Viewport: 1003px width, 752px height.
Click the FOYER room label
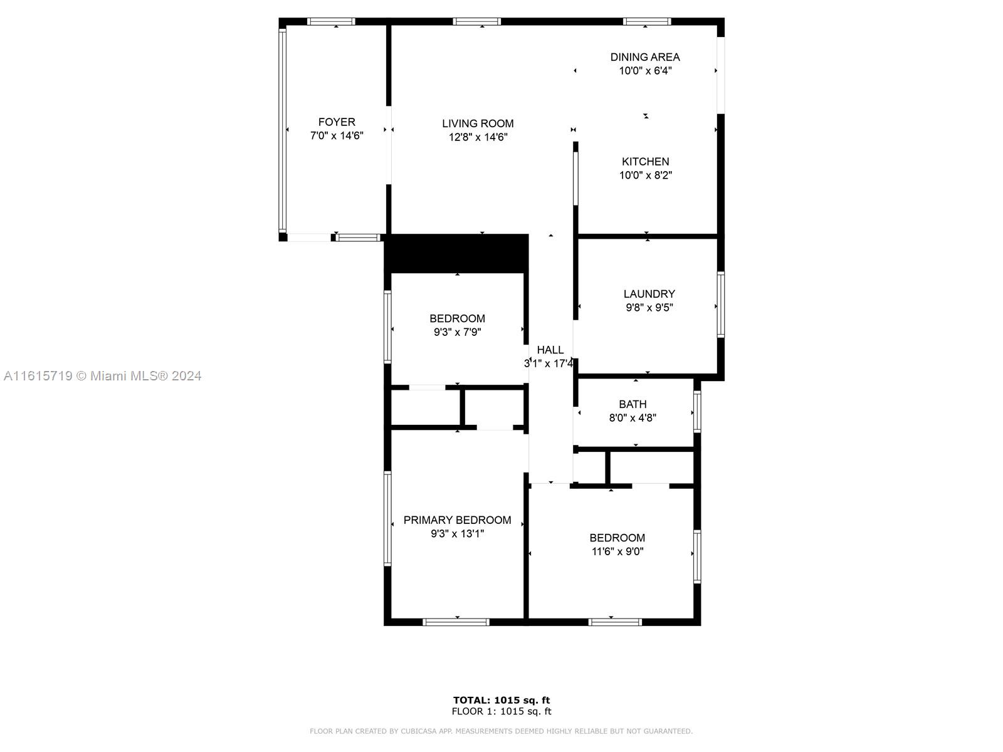click(x=336, y=122)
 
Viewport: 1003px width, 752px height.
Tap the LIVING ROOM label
click(x=478, y=123)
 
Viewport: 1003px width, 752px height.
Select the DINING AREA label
click(x=645, y=57)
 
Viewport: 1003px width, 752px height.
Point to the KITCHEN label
click(x=645, y=161)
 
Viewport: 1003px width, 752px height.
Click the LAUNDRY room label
click(x=649, y=293)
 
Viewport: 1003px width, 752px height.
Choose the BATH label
click(x=633, y=404)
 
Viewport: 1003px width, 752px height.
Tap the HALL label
click(x=550, y=350)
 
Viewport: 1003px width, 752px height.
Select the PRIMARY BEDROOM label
click(x=457, y=520)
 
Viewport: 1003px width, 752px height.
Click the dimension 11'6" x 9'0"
click(x=617, y=551)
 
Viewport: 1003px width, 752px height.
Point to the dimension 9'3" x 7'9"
click(x=457, y=332)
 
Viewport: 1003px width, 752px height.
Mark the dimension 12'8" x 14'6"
click(x=478, y=137)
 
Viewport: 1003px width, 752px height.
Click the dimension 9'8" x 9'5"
click(x=649, y=307)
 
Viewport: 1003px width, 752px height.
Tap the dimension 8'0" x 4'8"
click(x=633, y=418)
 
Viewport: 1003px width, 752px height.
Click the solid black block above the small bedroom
click(x=457, y=254)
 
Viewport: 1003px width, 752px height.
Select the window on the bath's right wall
click(x=697, y=412)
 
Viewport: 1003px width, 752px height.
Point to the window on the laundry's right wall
click(x=721, y=305)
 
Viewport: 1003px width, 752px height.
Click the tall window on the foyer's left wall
click(x=282, y=130)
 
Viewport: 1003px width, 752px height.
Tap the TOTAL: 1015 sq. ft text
click(x=501, y=700)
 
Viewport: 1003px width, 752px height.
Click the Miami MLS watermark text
click(x=102, y=376)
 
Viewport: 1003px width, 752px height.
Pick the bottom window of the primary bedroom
click(x=456, y=622)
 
